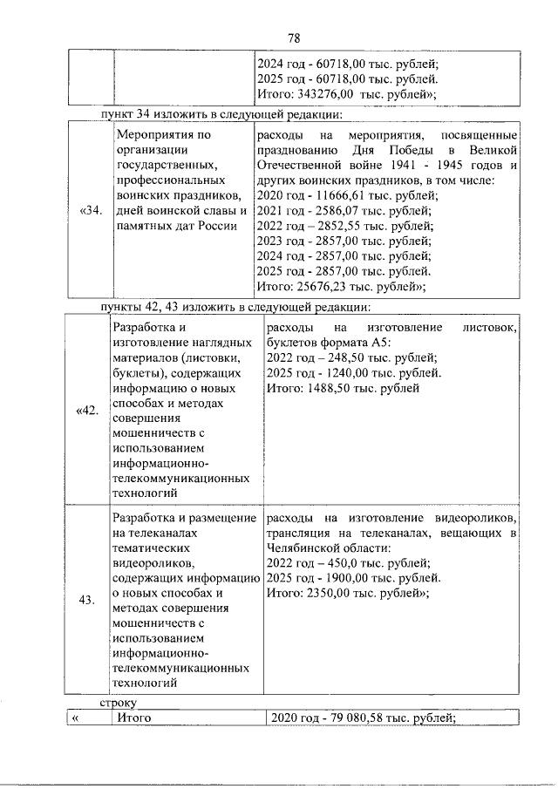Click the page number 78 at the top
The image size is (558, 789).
pos(294,37)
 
